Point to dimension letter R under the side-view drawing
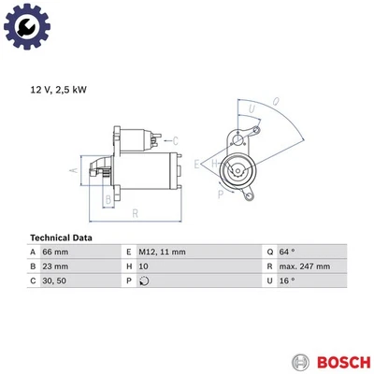(x=137, y=214)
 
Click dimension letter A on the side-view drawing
(x=73, y=170)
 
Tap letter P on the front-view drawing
(x=221, y=194)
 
